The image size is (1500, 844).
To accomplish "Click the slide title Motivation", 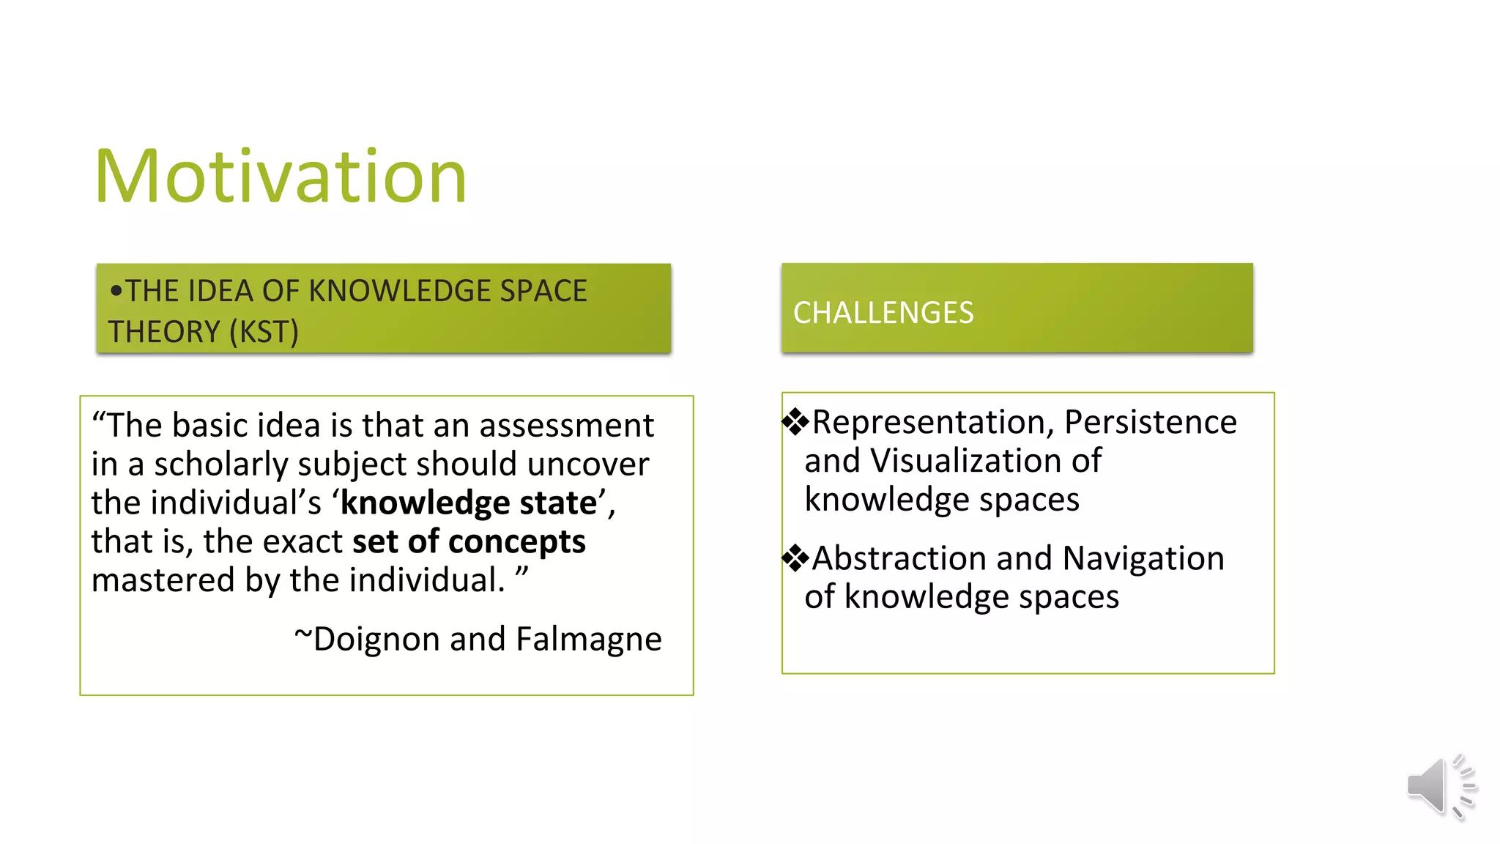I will pos(281,177).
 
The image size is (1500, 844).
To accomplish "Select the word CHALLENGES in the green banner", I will pos(883,313).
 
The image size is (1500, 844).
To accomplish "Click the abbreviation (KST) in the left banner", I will pos(264,332).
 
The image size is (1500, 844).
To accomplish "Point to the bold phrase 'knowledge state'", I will pos(469,503).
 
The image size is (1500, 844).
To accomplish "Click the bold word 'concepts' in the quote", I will pos(516,542).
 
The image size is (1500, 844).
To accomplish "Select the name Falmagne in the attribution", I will pos(588,639).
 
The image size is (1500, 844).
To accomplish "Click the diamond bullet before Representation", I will pos(795,421).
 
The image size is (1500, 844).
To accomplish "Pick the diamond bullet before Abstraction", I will pos(795,558).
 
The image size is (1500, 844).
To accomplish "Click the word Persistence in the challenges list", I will pos(1150,422).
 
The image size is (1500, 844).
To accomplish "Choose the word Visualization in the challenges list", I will pos(965,462).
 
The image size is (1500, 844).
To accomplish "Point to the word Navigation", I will pos(1143,558).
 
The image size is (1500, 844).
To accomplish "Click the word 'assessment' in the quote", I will pos(566,426).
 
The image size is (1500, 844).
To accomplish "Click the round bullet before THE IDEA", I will pos(116,291).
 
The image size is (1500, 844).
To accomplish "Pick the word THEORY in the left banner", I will pos(164,332).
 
